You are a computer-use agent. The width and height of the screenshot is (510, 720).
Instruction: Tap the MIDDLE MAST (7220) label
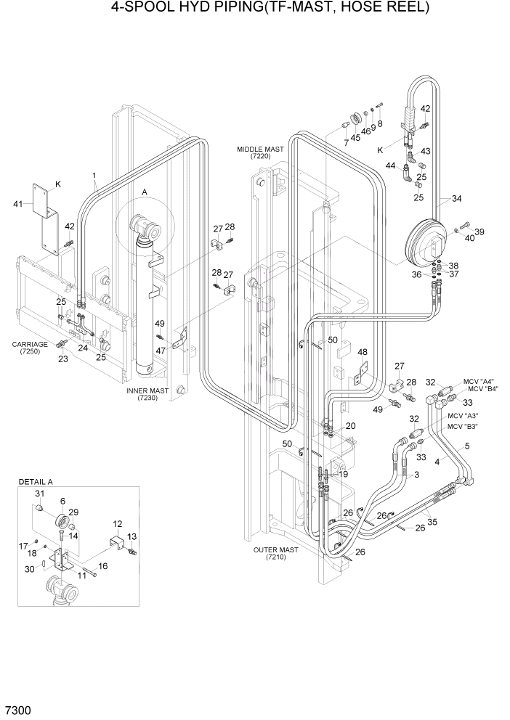[x=260, y=152]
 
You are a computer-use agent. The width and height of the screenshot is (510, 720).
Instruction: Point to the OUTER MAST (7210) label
[x=275, y=554]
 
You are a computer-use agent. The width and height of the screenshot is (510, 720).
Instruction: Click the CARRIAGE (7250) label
[x=29, y=348]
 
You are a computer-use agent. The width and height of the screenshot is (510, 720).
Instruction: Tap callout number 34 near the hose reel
[x=456, y=199]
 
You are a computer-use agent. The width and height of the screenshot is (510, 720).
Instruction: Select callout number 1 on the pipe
[x=94, y=176]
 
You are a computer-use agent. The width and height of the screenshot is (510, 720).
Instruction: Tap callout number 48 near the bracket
[x=363, y=352]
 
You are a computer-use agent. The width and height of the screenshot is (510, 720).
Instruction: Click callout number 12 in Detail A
[x=118, y=523]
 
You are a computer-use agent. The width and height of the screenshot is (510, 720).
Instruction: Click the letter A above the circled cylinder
[x=145, y=192]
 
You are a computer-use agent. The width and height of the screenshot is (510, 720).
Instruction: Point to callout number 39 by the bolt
[x=479, y=232]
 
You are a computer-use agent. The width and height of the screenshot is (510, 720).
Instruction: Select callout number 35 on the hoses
[x=434, y=520]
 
